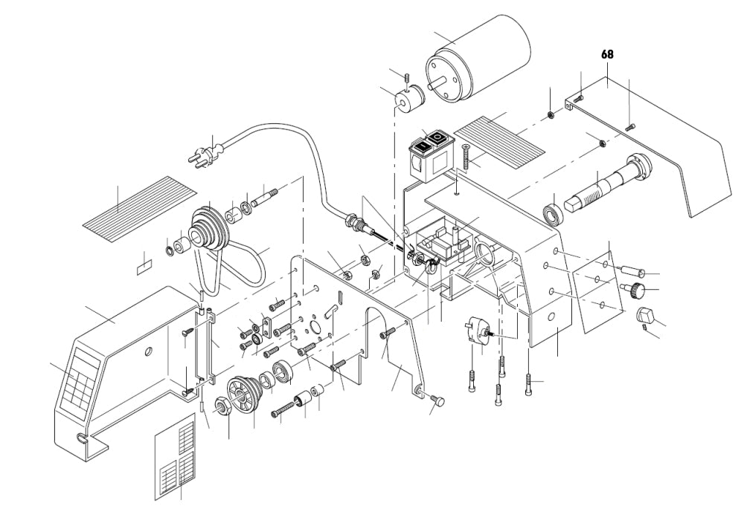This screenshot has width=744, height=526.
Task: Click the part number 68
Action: point(607,54)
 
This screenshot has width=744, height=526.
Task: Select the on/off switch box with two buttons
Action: point(431,155)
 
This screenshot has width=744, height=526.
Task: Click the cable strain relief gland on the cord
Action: point(353,222)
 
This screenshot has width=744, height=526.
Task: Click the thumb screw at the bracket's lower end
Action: point(435,401)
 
